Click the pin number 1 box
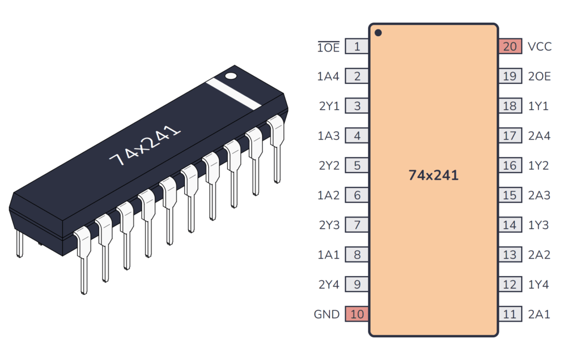coord(357,47)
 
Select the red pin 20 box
coord(510,47)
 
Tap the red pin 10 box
coord(357,314)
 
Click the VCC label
coord(539,47)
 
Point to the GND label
coord(327,314)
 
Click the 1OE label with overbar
coord(328,47)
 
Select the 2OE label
coord(539,77)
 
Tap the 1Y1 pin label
coord(538,106)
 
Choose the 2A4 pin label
coord(539,136)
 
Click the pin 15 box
coord(510,195)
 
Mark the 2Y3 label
coord(328,225)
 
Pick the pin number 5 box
coord(357,166)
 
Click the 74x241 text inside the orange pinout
coord(434,175)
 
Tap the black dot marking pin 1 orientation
coord(378,33)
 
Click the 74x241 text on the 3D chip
coord(145,146)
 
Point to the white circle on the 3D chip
coord(230,75)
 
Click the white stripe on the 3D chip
coord(233,93)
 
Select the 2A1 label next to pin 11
coord(539,314)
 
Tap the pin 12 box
coord(510,285)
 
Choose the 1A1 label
coord(328,255)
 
